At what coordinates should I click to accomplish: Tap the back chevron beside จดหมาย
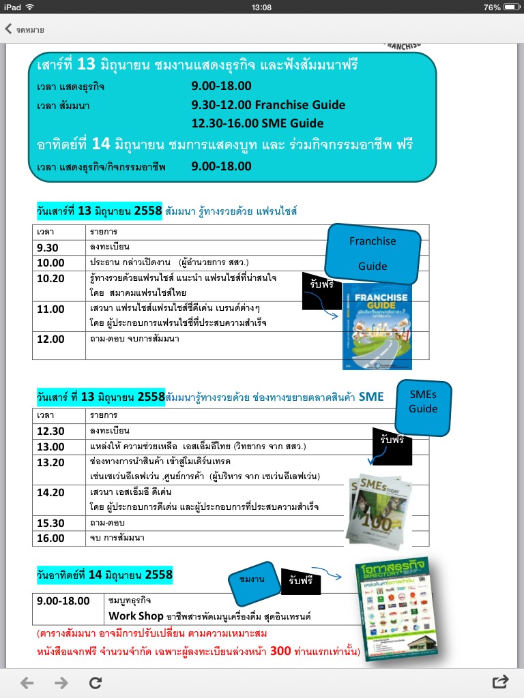[x=8, y=29]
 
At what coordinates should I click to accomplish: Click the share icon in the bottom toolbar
[x=500, y=682]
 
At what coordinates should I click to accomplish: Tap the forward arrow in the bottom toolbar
[x=61, y=682]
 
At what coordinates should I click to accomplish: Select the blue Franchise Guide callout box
[x=373, y=253]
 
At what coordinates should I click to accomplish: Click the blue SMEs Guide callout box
[x=423, y=406]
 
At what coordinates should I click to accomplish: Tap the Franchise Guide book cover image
[x=376, y=326]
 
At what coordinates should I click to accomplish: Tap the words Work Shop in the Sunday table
[x=136, y=616]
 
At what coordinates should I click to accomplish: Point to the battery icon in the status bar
[x=510, y=7]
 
